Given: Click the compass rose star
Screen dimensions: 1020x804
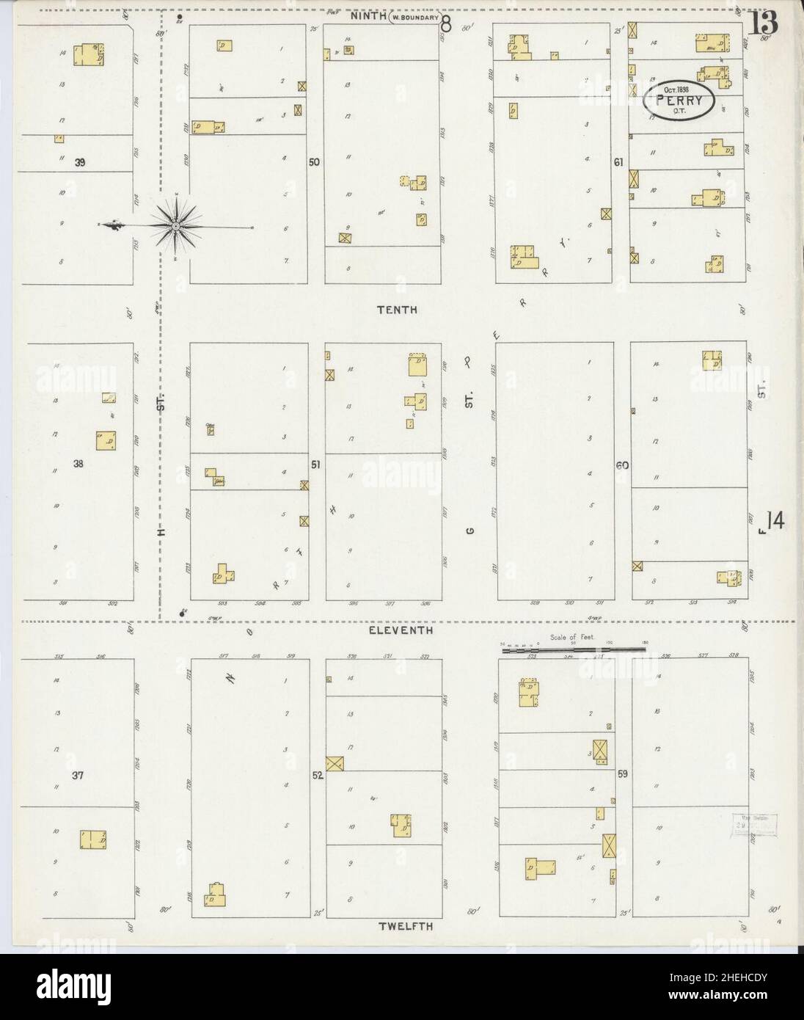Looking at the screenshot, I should [176, 225].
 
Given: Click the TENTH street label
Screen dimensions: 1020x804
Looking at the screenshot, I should [397, 310].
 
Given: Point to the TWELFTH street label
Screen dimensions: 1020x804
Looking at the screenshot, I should [406, 927].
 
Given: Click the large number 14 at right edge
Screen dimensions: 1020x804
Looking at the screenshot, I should [775, 521].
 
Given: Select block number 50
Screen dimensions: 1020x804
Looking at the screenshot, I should [315, 162].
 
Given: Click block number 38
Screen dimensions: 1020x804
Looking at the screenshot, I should [78, 464].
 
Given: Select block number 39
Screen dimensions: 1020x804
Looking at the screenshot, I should [80, 164].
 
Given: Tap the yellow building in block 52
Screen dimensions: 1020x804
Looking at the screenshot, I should [401, 825].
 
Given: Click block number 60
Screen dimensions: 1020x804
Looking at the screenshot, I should [622, 465].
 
